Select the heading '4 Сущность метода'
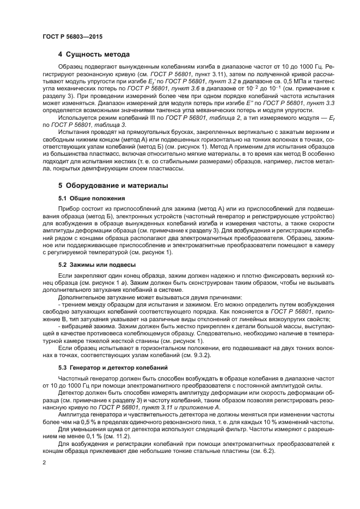point(94,54)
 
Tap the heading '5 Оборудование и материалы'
point(113,186)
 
